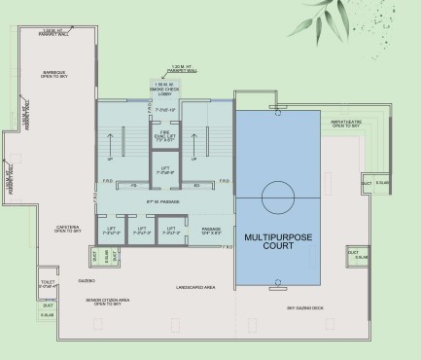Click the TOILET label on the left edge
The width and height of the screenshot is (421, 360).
pos(19,287)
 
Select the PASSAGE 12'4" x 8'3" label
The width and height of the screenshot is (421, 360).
pos(210,231)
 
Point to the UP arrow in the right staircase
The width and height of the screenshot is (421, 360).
pos(195,159)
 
